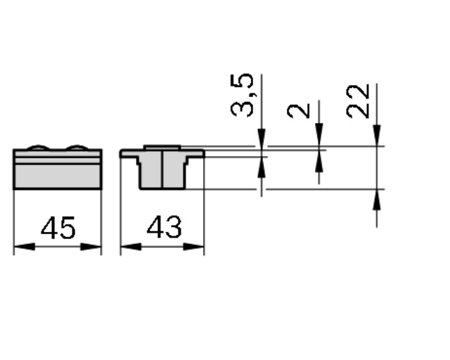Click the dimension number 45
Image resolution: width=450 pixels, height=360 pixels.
click(x=58, y=229)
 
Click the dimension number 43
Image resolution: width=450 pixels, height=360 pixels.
click(x=164, y=227)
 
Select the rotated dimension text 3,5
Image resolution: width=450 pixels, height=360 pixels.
click(x=243, y=96)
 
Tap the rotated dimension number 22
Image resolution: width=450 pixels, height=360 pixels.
click(x=358, y=101)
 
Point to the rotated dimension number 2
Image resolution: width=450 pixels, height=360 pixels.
click(x=299, y=111)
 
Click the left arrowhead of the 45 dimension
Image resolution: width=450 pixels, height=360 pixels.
click(x=25, y=247)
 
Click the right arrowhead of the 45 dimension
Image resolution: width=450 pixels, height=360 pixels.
click(x=91, y=247)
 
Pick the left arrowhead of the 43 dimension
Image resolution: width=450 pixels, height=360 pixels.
click(x=131, y=247)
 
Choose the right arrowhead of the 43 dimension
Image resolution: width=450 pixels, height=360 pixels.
click(x=193, y=247)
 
